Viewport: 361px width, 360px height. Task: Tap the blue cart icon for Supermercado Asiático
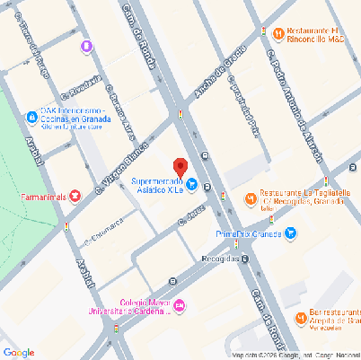pyautogui.click(x=192, y=185)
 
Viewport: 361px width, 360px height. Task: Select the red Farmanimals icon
pyautogui.click(x=75, y=195)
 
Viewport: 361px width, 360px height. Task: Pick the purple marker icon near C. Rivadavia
pyautogui.click(x=86, y=45)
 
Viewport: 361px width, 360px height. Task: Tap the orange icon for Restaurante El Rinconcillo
pyautogui.click(x=277, y=34)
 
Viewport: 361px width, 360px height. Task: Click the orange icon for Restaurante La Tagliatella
pyautogui.click(x=250, y=198)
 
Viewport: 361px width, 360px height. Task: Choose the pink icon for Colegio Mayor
pyautogui.click(x=180, y=307)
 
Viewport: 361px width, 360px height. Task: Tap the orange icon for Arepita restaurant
pyautogui.click(x=299, y=318)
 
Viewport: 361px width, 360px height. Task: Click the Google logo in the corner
pyautogui.click(x=19, y=350)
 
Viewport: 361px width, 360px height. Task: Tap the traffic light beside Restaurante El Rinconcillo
pyautogui.click(x=262, y=33)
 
